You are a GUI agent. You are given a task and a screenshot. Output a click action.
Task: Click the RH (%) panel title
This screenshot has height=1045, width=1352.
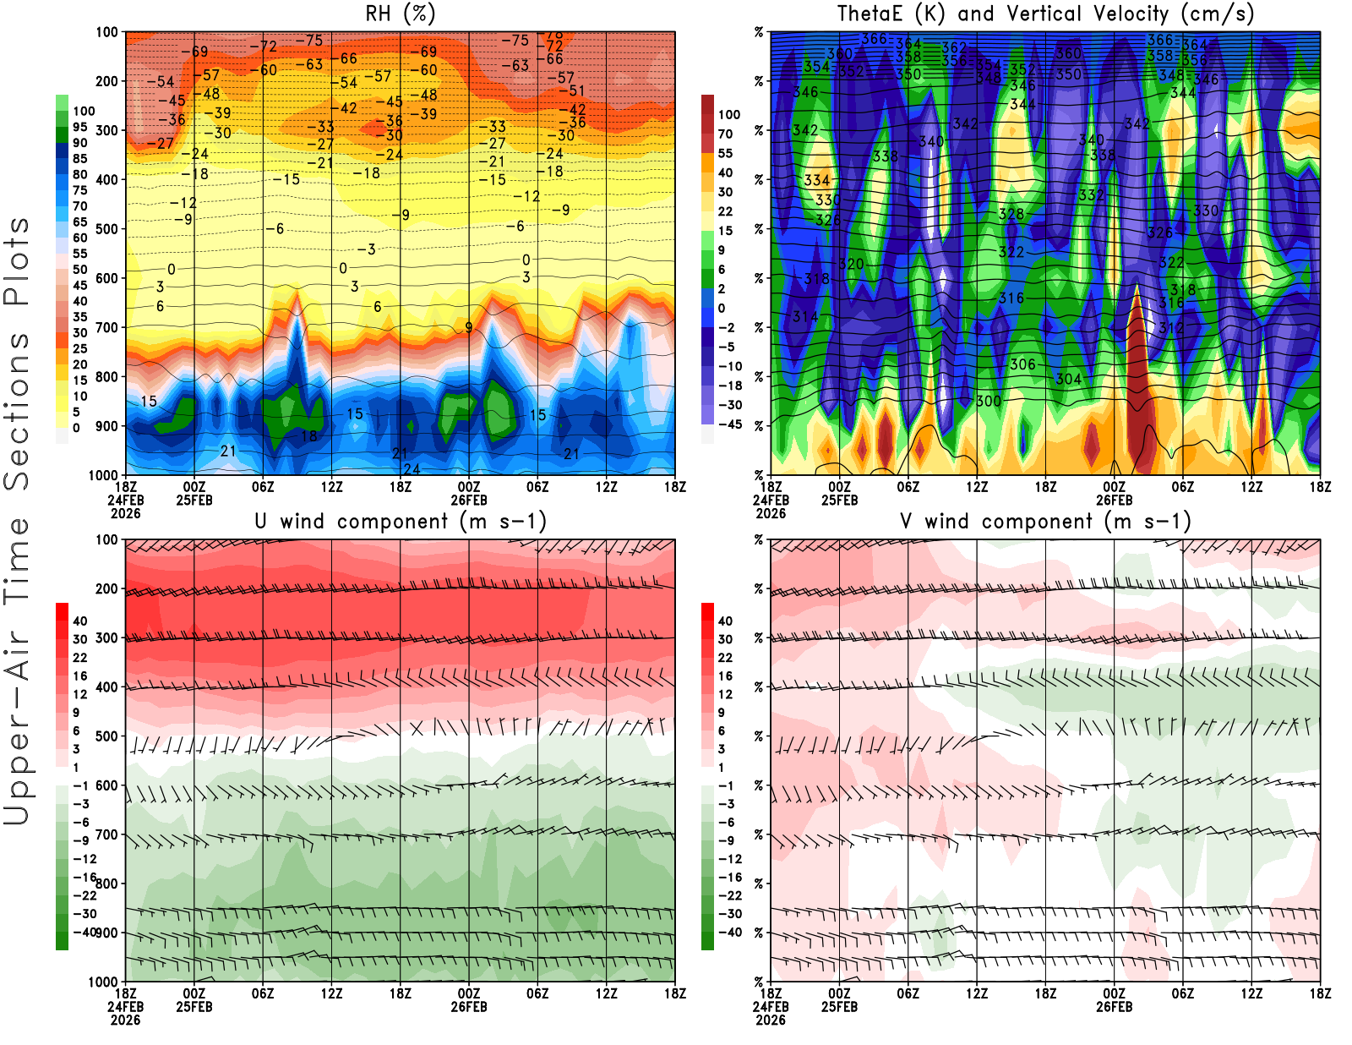coord(401,14)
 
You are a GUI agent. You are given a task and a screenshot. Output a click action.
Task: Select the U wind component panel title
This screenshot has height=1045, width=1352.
coord(401,521)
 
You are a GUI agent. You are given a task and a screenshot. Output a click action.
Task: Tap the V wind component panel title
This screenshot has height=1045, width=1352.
coord(1045,521)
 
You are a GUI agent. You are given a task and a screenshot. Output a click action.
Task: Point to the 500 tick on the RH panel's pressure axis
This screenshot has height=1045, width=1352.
coord(106,229)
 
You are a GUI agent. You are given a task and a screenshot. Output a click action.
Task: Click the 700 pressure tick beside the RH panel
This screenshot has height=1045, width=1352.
coord(106,327)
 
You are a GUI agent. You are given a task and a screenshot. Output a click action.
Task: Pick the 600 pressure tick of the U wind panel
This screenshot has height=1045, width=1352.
coord(106,785)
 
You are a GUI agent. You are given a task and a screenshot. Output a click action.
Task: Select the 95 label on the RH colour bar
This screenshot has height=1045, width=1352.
coord(80,127)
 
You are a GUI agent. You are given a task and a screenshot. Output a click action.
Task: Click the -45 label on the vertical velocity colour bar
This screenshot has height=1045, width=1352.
coord(729,424)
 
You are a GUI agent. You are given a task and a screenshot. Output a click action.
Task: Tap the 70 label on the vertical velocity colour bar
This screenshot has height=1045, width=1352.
coord(725,134)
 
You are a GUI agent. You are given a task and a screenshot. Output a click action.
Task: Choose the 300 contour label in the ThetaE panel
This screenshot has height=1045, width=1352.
coord(989,401)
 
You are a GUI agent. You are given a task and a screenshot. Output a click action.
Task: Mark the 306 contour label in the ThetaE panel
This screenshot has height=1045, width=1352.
coord(1022,364)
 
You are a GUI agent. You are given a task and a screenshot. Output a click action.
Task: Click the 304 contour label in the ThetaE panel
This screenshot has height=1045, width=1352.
coord(1068,379)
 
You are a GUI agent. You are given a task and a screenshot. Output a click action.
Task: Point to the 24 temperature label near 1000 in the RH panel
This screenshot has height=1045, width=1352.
coord(412,469)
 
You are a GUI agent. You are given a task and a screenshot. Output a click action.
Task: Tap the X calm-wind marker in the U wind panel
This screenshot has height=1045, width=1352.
coord(417,727)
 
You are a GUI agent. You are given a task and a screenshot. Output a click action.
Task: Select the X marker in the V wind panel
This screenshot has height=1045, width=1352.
coord(1062,727)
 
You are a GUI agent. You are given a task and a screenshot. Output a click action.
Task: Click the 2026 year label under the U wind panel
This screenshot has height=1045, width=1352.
coord(125,1020)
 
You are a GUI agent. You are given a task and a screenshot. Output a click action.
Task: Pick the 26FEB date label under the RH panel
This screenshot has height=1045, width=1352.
coord(469,500)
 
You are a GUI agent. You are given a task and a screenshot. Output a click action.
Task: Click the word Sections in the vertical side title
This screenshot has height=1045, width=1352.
coord(17,410)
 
